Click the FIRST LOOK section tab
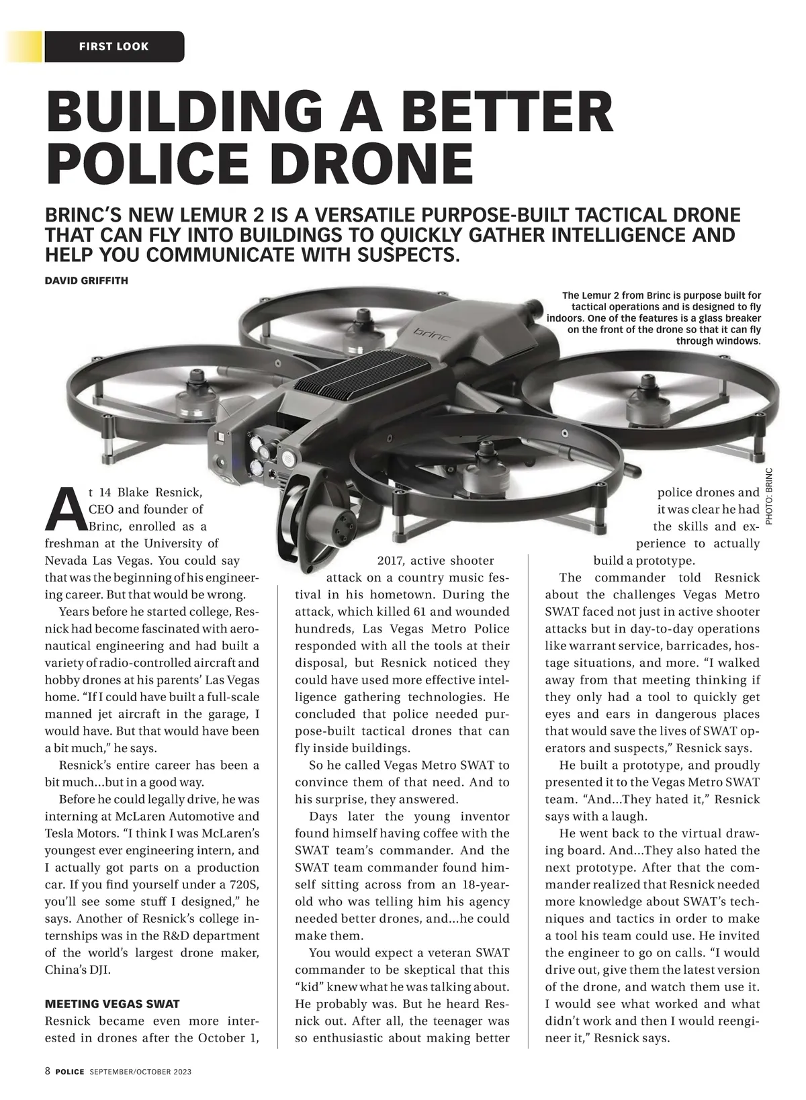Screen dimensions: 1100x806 [x=114, y=46]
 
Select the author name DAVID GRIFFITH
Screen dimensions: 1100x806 [x=86, y=280]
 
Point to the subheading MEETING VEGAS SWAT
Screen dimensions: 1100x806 [x=112, y=1004]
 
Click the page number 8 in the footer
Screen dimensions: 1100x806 [x=48, y=1071]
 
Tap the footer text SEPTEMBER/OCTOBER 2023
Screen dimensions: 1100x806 [x=140, y=1072]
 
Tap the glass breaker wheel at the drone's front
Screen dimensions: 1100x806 [x=302, y=510]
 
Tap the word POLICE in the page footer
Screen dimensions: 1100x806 [x=70, y=1072]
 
